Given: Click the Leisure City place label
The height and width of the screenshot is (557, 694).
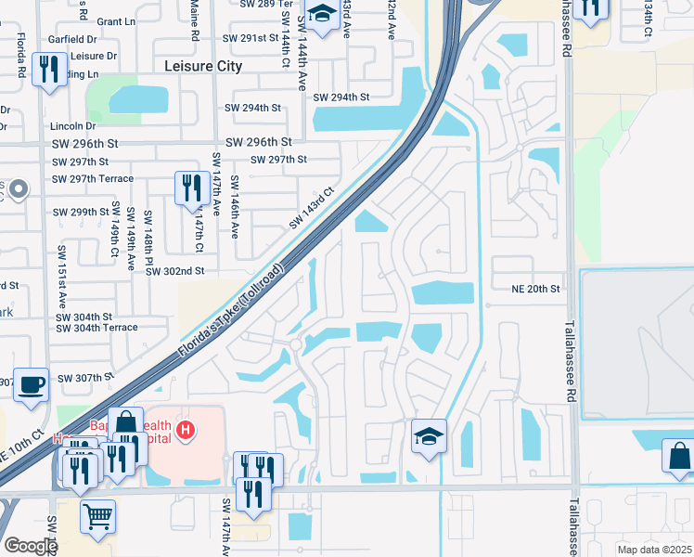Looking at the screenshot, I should click(202, 66).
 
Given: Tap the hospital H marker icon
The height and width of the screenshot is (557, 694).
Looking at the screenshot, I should click(186, 430).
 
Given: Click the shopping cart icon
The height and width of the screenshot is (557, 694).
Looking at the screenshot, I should click(97, 514).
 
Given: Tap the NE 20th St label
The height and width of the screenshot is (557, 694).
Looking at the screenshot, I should click(537, 289).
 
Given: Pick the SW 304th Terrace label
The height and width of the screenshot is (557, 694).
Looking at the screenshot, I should click(96, 328).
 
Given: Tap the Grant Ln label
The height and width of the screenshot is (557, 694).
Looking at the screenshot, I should click(116, 20).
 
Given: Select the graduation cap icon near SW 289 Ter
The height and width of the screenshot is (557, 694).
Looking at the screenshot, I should click(321, 14).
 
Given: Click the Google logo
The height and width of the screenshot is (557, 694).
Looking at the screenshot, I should click(30, 546).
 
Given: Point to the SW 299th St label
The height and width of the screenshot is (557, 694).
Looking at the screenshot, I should click(83, 212).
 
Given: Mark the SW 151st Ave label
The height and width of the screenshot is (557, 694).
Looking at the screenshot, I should click(62, 270).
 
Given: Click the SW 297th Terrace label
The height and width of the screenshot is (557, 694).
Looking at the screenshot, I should click(94, 178).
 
